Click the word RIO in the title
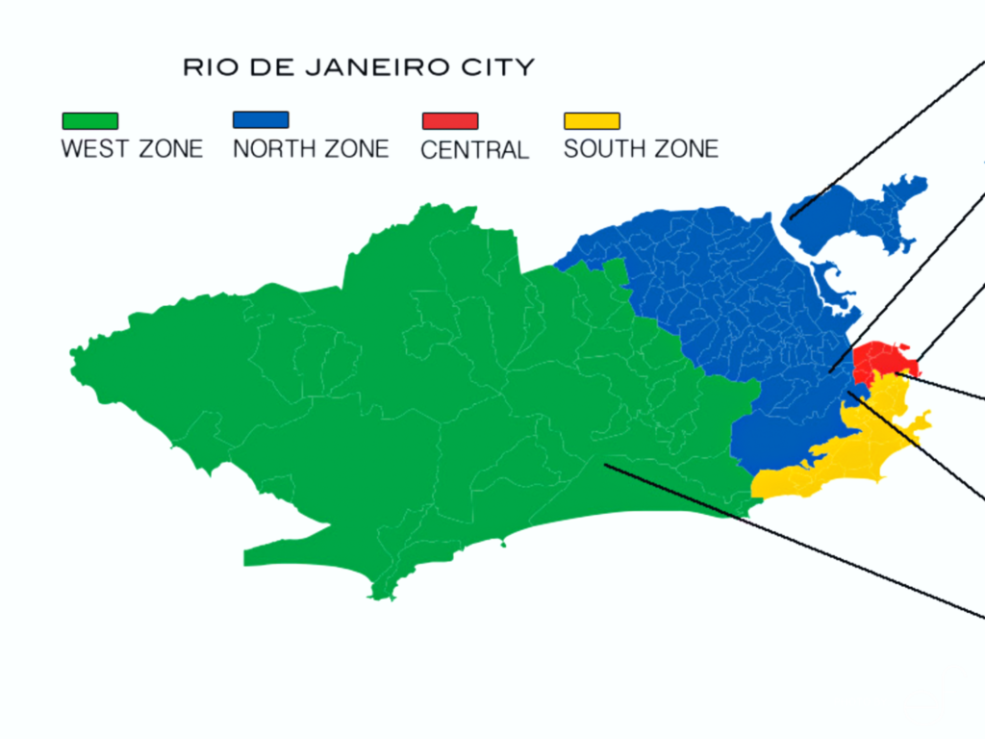(x=206, y=68)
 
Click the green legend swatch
(x=90, y=121)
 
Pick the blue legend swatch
(x=261, y=120)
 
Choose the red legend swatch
(x=449, y=121)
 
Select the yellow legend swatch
(x=592, y=121)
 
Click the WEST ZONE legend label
(x=132, y=149)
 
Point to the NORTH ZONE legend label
(x=311, y=149)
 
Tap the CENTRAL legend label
(x=474, y=150)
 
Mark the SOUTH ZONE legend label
(x=641, y=149)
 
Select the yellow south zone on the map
(x=846, y=452)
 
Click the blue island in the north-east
(x=846, y=217)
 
